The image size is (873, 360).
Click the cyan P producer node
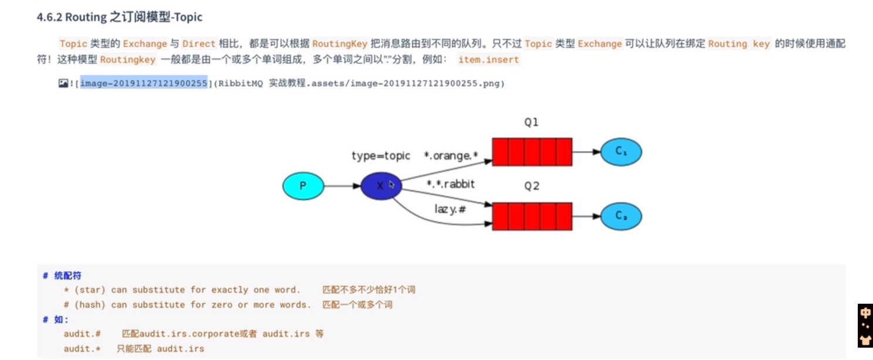[303, 186]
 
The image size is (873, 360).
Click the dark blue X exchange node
[381, 186]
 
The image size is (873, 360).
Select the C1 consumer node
[621, 152]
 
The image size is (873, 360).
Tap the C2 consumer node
[621, 216]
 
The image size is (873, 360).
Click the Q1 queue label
[531, 123]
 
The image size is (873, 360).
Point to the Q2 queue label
[531, 186]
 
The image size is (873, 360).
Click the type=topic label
[381, 156]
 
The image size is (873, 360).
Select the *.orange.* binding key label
[451, 156]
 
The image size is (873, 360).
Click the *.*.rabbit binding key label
[450, 185]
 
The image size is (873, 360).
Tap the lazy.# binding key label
[450, 208]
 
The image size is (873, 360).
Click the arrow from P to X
[342, 186]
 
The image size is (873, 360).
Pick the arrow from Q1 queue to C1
[586, 152]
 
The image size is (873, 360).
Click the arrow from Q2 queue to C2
[586, 216]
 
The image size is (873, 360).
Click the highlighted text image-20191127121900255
[144, 83]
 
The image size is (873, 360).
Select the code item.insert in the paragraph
[488, 60]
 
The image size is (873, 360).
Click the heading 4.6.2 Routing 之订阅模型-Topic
[120, 17]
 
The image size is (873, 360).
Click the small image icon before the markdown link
[63, 83]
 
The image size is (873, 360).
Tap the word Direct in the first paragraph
[199, 44]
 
